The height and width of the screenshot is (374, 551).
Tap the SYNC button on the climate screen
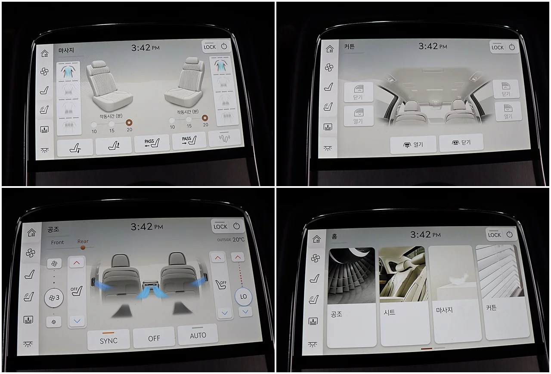coord(108,339)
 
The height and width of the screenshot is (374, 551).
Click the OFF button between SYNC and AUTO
coord(154,337)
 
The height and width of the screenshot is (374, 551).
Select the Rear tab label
coord(83,241)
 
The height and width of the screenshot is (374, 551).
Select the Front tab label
coord(57,242)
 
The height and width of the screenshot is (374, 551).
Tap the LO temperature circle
coord(243,296)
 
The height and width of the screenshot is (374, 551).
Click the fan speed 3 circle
coord(54,297)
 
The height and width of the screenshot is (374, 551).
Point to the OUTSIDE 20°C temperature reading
coord(231,239)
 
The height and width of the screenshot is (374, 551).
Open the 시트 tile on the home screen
coord(405,296)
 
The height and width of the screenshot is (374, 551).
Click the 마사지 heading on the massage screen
coord(66,50)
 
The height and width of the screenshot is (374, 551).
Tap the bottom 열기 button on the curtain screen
coord(413,145)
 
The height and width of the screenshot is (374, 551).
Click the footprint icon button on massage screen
coord(224,138)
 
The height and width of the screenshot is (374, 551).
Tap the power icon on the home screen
coord(509,234)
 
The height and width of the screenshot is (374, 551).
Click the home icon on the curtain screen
coord(330,49)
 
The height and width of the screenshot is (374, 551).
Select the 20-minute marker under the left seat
coord(129,123)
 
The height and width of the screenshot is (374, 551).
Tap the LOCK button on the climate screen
coord(220,226)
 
